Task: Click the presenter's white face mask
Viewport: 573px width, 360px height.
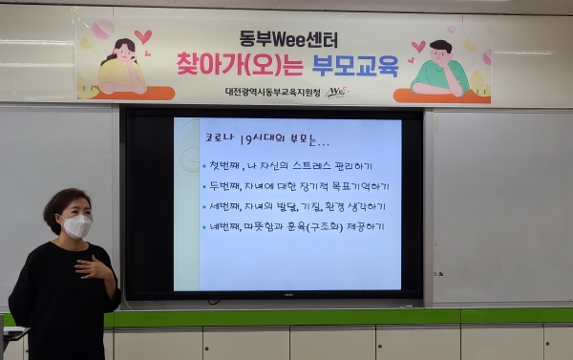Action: [76, 226]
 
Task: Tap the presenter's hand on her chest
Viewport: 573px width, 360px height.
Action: [95, 268]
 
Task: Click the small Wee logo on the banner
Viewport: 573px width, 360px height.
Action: [337, 92]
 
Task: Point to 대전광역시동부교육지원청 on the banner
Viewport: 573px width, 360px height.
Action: [269, 92]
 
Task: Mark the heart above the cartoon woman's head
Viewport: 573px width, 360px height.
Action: [142, 37]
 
